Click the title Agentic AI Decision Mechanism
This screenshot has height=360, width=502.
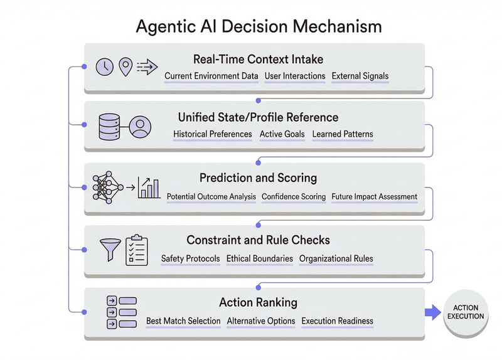pyautogui.click(x=259, y=26)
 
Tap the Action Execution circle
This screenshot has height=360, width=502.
pyautogui.click(x=466, y=312)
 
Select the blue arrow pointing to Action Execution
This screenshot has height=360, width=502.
pyautogui.click(x=433, y=312)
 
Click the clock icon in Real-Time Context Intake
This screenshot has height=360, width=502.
pyautogui.click(x=104, y=66)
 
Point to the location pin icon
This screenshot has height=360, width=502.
pyautogui.click(x=126, y=66)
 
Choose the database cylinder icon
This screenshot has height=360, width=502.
pyautogui.click(x=110, y=127)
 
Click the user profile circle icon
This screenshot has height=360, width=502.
pyautogui.click(x=141, y=127)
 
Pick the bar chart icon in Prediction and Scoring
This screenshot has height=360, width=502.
pyautogui.click(x=149, y=188)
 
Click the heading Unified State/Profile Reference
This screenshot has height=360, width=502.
pyautogui.click(x=258, y=117)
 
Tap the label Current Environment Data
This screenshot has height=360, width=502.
pyautogui.click(x=211, y=77)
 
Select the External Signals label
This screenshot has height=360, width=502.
pyautogui.click(x=360, y=77)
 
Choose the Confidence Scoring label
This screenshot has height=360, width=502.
pyautogui.click(x=294, y=196)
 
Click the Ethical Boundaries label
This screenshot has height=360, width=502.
pyautogui.click(x=260, y=258)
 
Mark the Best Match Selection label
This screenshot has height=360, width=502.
pyautogui.click(x=183, y=321)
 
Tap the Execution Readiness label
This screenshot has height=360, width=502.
pyautogui.click(x=338, y=321)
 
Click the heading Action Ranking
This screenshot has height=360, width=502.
pyautogui.click(x=258, y=302)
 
